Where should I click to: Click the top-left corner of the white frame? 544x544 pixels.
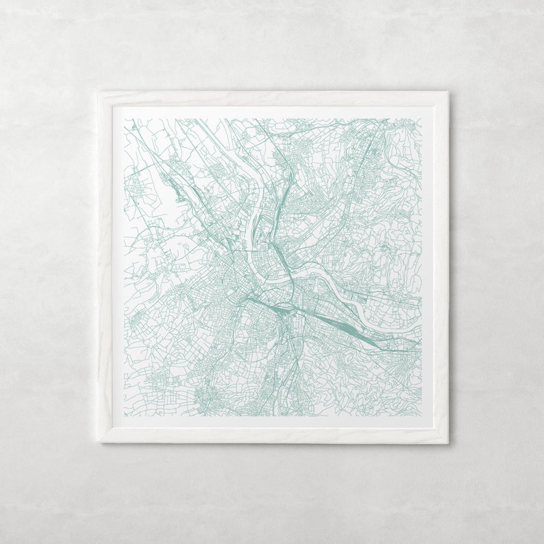[98, 92]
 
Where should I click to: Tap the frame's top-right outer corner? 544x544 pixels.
[449, 92]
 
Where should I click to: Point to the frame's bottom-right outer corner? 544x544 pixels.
[449, 443]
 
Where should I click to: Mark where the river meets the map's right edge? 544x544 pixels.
[419, 328]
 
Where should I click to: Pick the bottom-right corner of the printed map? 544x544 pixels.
[421, 415]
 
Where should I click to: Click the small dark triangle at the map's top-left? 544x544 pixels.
[131, 125]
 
